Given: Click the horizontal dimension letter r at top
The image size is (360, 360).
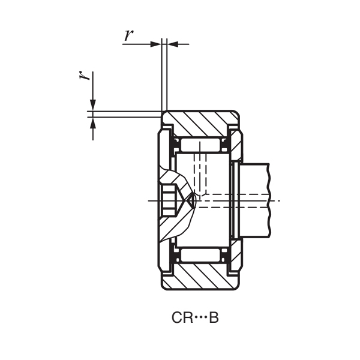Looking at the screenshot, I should [128, 35].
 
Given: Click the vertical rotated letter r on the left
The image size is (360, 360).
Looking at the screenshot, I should [86, 76].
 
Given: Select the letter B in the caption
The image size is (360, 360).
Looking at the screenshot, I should [214, 317].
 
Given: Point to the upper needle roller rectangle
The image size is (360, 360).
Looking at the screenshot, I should [200, 145].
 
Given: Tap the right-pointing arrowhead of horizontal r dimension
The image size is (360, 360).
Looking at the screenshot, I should [157, 44].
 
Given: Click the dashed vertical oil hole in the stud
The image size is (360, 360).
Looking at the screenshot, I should [201, 174].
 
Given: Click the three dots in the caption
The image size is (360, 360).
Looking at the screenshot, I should [199, 317].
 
